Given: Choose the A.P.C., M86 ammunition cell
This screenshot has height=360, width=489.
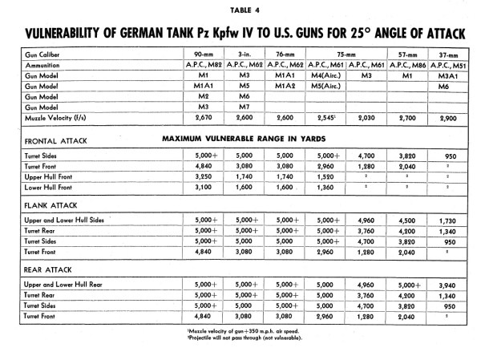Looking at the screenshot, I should point(409,65).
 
